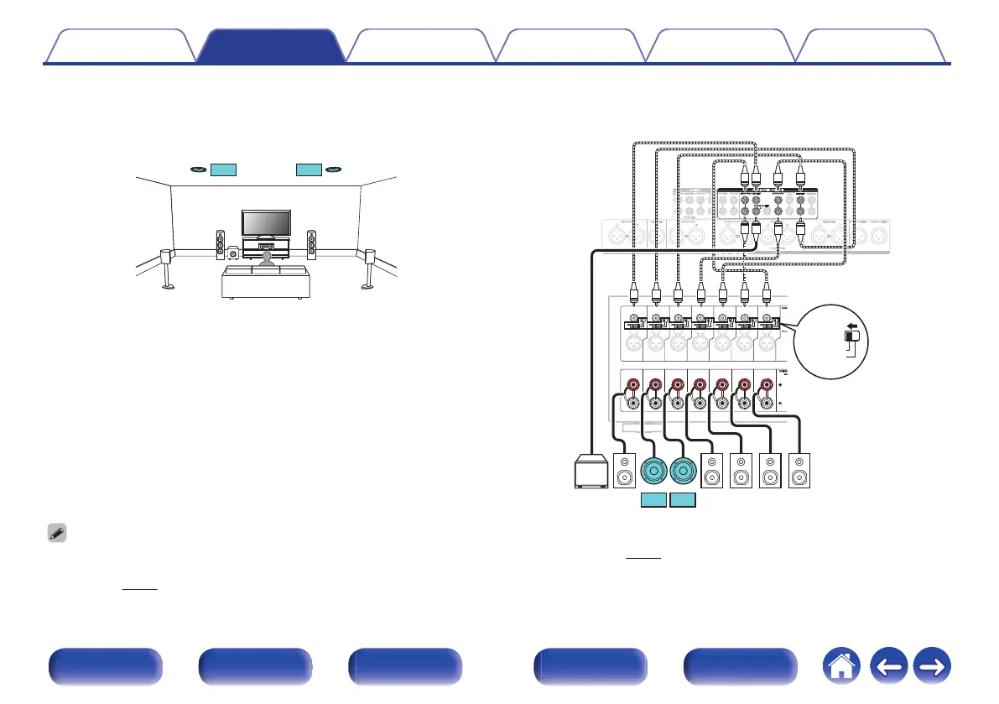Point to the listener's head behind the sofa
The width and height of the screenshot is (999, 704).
point(267,258)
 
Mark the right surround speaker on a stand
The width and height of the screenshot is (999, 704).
point(368,266)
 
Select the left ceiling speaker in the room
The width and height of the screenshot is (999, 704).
point(198,169)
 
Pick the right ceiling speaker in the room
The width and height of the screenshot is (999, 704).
point(334,169)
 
